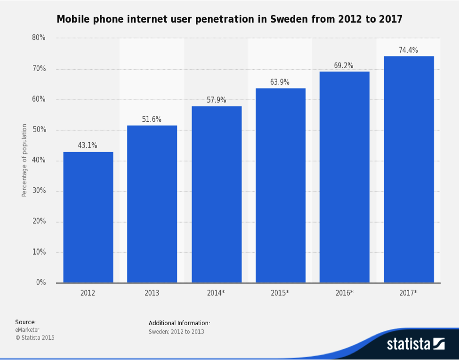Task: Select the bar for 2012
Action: pyautogui.click(x=88, y=217)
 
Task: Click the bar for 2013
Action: pyautogui.click(x=152, y=204)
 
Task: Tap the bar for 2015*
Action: pyautogui.click(x=280, y=185)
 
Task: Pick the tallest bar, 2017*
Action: pyautogui.click(x=409, y=169)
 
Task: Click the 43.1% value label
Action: pyautogui.click(x=88, y=146)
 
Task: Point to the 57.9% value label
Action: pyautogui.click(x=216, y=100)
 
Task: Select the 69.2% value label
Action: pyautogui.click(x=344, y=66)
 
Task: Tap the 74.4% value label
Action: pyautogui.click(x=408, y=50)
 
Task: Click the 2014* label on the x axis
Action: pyautogui.click(x=216, y=293)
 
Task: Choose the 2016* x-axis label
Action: pyautogui.click(x=344, y=293)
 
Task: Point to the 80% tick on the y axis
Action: pyautogui.click(x=39, y=38)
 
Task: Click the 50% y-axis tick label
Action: pyautogui.click(x=39, y=130)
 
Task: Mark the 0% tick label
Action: pyautogui.click(x=40, y=283)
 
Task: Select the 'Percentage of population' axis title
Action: pyautogui.click(x=24, y=160)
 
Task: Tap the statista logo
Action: pyautogui.click(x=415, y=344)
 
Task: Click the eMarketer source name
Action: pyautogui.click(x=27, y=330)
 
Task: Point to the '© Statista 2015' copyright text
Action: pyautogui.click(x=35, y=337)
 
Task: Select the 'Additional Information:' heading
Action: pyautogui.click(x=179, y=323)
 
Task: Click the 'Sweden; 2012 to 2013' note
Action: pyautogui.click(x=176, y=332)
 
